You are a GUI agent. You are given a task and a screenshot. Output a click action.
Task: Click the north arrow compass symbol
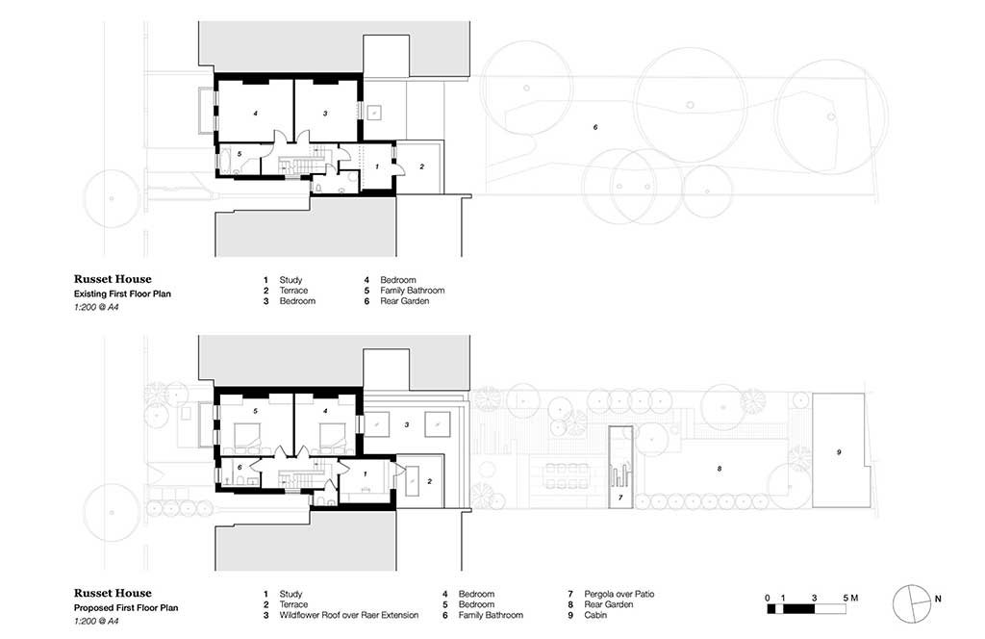click(912, 603)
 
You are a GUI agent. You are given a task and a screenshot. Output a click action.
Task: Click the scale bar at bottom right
click(807, 609)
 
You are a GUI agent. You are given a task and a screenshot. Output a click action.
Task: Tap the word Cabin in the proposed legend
click(595, 615)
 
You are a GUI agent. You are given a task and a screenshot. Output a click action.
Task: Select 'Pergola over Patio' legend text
click(619, 594)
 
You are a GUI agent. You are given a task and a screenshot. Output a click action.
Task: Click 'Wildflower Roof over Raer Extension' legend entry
click(348, 615)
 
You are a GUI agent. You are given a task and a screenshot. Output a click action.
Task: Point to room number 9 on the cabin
click(839, 452)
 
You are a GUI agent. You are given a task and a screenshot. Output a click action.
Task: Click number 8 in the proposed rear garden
click(720, 469)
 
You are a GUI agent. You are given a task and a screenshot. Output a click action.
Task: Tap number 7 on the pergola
click(620, 498)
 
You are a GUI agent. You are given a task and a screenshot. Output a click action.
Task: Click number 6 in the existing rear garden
click(595, 128)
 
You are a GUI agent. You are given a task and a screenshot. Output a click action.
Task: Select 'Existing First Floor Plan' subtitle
click(122, 294)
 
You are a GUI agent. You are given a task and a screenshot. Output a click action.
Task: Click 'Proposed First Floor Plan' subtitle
click(126, 608)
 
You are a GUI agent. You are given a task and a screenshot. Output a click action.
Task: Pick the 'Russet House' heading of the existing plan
click(113, 279)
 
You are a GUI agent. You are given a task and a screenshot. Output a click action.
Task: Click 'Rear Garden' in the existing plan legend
click(405, 301)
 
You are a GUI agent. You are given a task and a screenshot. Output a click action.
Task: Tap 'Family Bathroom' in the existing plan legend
click(412, 291)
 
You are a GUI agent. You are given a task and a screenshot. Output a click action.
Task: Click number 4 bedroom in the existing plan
click(256, 114)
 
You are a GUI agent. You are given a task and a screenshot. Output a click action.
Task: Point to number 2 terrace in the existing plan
click(421, 167)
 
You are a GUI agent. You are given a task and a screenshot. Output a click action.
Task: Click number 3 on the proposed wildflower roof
click(407, 425)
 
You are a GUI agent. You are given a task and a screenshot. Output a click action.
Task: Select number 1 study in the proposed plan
click(365, 473)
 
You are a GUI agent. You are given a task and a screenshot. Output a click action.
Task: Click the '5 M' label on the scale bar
click(850, 598)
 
